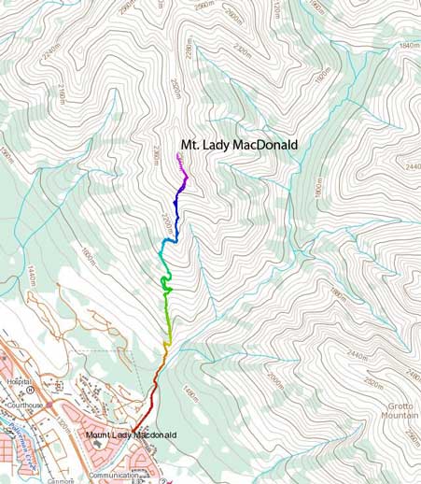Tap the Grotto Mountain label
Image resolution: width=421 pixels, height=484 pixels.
396,411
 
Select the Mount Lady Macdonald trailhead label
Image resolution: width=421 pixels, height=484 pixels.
131,435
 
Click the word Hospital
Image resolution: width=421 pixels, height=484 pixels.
18,382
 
